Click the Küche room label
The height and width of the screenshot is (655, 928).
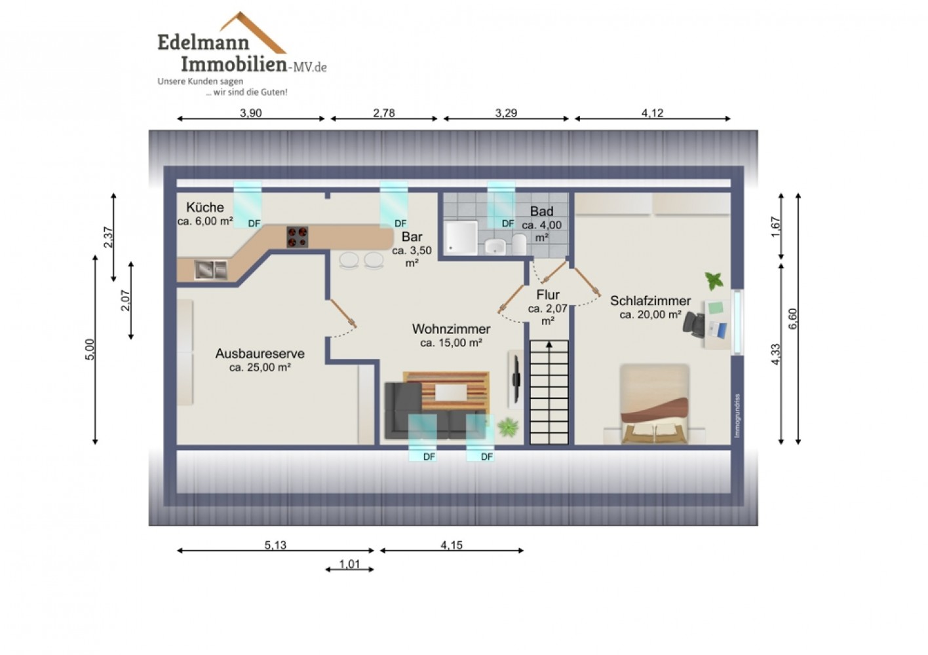(205, 207)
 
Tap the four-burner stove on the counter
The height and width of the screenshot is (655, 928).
(298, 237)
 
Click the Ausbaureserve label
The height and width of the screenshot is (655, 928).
(260, 354)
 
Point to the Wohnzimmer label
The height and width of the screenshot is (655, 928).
(451, 329)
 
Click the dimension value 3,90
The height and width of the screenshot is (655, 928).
(250, 113)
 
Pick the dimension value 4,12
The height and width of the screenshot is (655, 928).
(653, 113)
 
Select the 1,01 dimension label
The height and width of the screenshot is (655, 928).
(350, 564)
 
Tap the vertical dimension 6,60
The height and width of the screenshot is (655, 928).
(792, 319)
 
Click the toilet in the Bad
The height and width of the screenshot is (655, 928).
(519, 244)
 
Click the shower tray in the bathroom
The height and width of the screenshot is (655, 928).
(461, 237)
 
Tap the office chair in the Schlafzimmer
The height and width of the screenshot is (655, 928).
(694, 324)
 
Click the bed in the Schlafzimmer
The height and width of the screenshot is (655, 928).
(654, 404)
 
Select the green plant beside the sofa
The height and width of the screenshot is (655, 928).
(508, 427)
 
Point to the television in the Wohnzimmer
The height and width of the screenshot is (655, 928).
(516, 379)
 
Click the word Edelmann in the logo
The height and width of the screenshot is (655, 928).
(203, 43)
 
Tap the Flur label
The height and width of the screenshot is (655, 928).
(548, 295)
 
